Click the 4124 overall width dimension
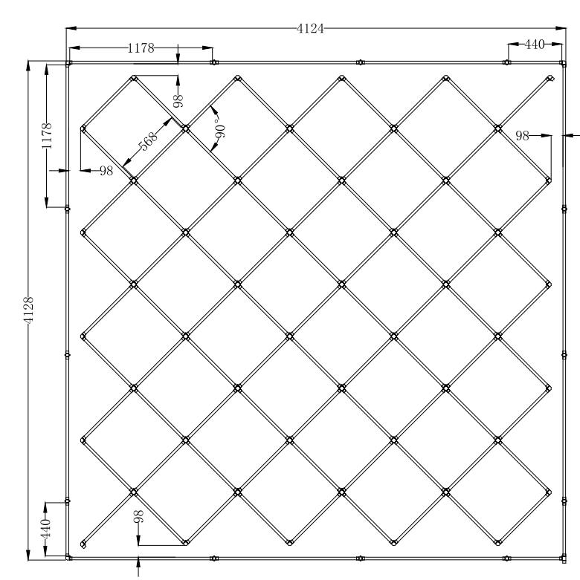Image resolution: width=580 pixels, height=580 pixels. click(x=310, y=29)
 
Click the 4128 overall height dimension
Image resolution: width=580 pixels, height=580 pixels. click(x=28, y=310)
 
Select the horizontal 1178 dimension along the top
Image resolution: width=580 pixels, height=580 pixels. click(x=141, y=48)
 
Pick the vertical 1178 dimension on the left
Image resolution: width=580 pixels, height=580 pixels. click(x=47, y=136)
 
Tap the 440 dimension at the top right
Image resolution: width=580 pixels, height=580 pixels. click(x=535, y=45)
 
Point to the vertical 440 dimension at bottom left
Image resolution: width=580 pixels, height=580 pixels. click(x=45, y=530)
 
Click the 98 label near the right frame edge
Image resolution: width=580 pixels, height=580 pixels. click(x=522, y=136)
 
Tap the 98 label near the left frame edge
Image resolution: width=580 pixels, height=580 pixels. click(x=106, y=171)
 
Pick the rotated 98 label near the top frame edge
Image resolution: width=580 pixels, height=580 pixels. click(x=178, y=100)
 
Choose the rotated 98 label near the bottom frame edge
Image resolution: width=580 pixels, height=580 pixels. click(x=138, y=516)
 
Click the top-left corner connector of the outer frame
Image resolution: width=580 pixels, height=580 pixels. click(x=68, y=63)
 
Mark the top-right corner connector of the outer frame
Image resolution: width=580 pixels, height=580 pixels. click(x=563, y=63)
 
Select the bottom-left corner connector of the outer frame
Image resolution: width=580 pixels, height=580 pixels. click(x=68, y=557)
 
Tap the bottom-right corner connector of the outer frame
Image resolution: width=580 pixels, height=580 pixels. click(x=564, y=558)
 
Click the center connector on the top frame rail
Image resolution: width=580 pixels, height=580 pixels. click(x=361, y=62)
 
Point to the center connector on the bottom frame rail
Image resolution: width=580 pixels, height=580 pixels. click(x=361, y=558)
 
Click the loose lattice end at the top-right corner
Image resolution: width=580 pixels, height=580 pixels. click(x=550, y=78)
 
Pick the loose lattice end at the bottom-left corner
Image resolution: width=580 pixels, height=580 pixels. click(x=83, y=544)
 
